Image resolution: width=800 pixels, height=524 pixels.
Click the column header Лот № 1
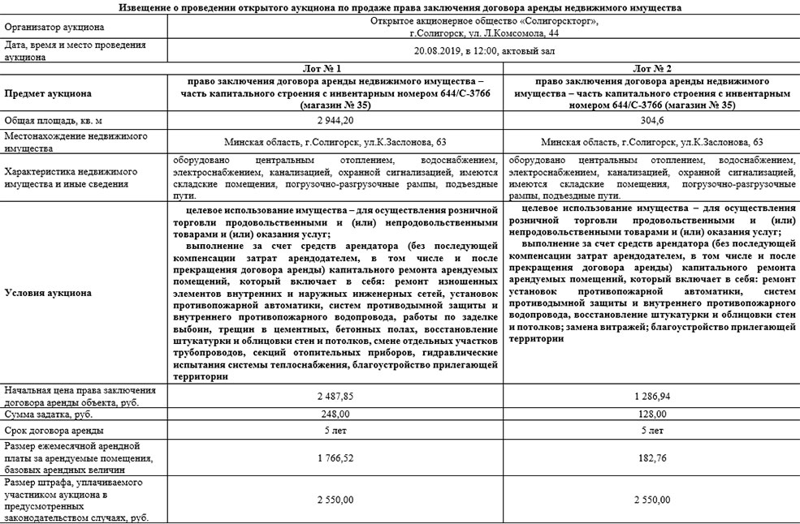coord(335,68)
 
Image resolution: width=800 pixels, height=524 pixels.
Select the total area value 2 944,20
coord(335,119)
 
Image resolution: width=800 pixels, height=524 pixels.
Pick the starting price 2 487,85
coord(335,397)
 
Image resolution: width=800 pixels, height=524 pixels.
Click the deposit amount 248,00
coord(335,414)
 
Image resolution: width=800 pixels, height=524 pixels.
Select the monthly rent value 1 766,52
coord(335,457)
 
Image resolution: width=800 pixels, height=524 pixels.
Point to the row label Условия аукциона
coord(48,293)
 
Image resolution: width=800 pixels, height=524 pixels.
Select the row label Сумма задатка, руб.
coord(54,414)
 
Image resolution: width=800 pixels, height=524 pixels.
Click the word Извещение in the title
coord(144,6)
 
